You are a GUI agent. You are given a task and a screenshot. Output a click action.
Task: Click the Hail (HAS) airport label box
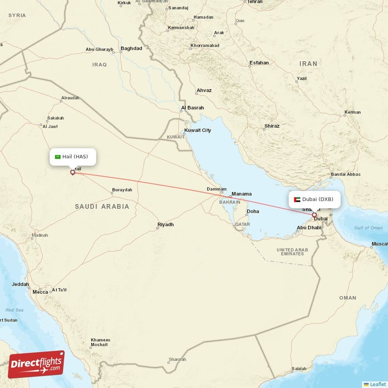(73, 157)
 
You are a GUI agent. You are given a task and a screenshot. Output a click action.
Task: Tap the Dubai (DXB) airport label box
(314, 199)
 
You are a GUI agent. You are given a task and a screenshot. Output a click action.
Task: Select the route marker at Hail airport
(73, 172)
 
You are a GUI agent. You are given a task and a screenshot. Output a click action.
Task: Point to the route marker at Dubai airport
(314, 214)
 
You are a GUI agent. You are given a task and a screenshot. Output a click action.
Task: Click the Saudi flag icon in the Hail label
(58, 157)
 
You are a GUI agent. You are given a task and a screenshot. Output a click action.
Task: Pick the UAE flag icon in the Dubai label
(297, 199)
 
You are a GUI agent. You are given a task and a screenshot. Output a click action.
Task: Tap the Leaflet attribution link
(377, 384)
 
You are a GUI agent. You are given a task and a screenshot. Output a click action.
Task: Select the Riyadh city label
(165, 225)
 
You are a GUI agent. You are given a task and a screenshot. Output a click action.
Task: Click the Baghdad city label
(131, 48)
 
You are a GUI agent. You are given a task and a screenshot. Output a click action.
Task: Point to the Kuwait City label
(197, 130)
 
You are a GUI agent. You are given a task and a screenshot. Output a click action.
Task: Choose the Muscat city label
(379, 243)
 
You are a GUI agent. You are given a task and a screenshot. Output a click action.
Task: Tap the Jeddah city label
(21, 285)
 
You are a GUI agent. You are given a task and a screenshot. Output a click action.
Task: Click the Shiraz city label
(272, 126)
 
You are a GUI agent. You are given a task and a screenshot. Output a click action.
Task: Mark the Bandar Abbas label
(345, 175)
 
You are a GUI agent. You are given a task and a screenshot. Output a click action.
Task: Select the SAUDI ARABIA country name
(102, 207)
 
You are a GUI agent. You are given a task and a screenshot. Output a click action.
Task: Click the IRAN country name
(308, 64)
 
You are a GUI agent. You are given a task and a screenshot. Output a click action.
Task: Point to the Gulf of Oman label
(368, 228)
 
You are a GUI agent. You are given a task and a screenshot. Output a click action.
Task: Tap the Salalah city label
(299, 369)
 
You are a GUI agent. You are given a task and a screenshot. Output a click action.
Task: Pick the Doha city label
(253, 211)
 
